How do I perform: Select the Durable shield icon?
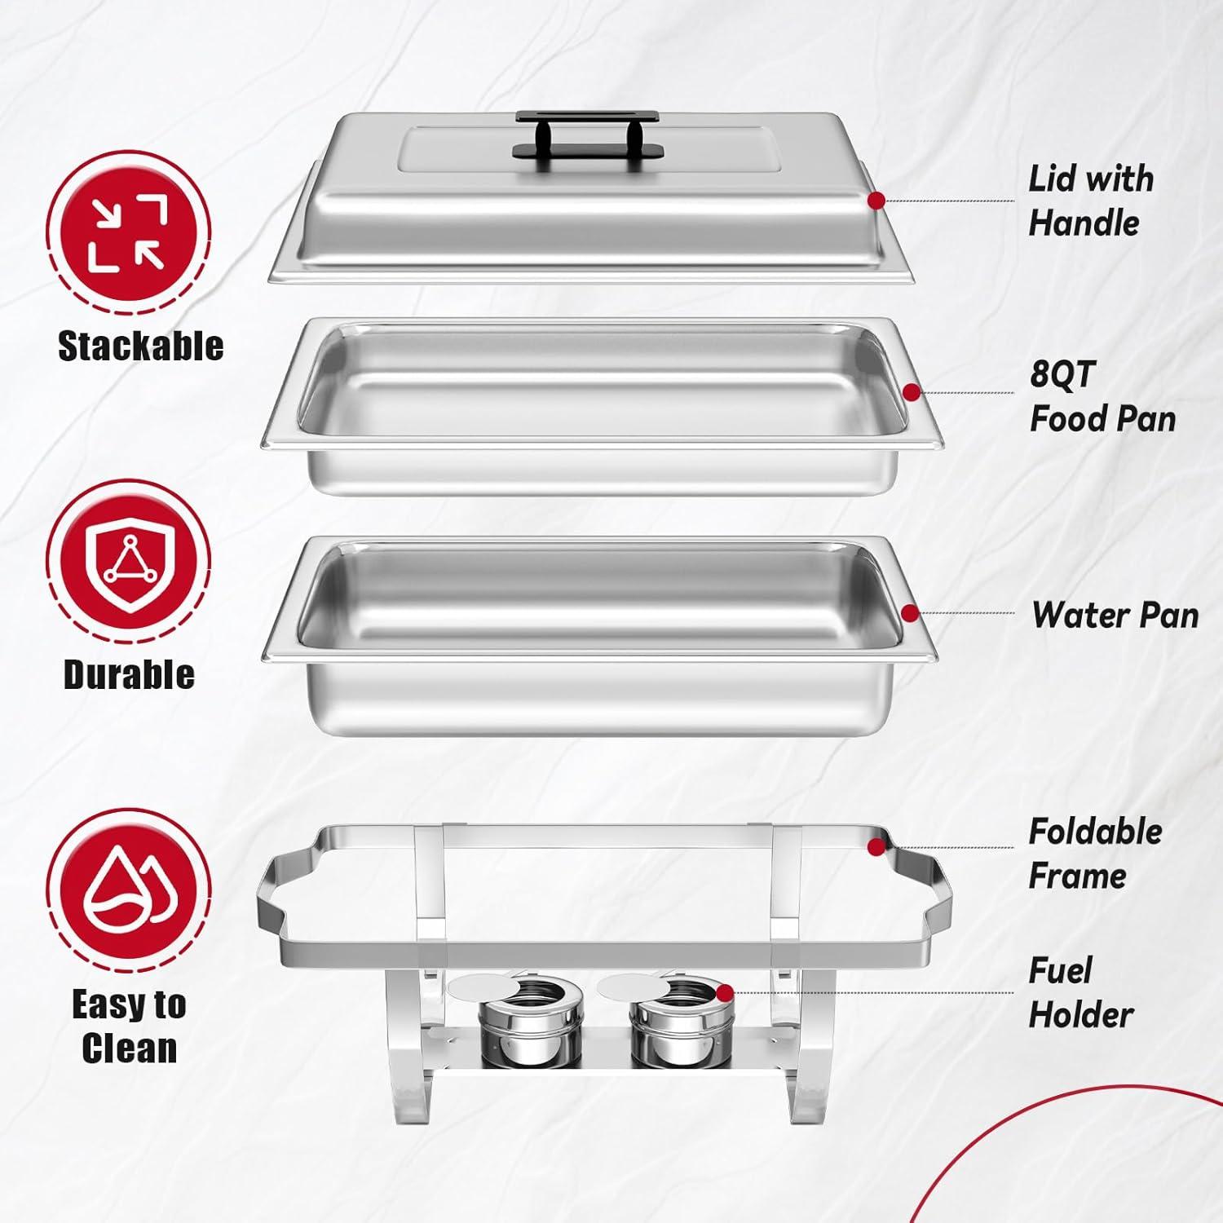click(x=128, y=561)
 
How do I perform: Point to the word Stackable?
click(x=140, y=346)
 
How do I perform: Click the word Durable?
click(x=129, y=674)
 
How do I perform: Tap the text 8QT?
click(x=1062, y=374)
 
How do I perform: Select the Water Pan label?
click(x=1115, y=615)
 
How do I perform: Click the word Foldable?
click(x=1095, y=832)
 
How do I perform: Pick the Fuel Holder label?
click(x=1080, y=993)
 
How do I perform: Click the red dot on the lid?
click(x=876, y=201)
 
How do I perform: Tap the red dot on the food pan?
click(x=912, y=393)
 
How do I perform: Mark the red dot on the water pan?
click(x=910, y=613)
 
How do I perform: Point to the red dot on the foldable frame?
click(x=876, y=847)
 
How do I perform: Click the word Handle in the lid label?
click(x=1084, y=223)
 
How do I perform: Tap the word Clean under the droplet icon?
click(x=129, y=1048)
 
